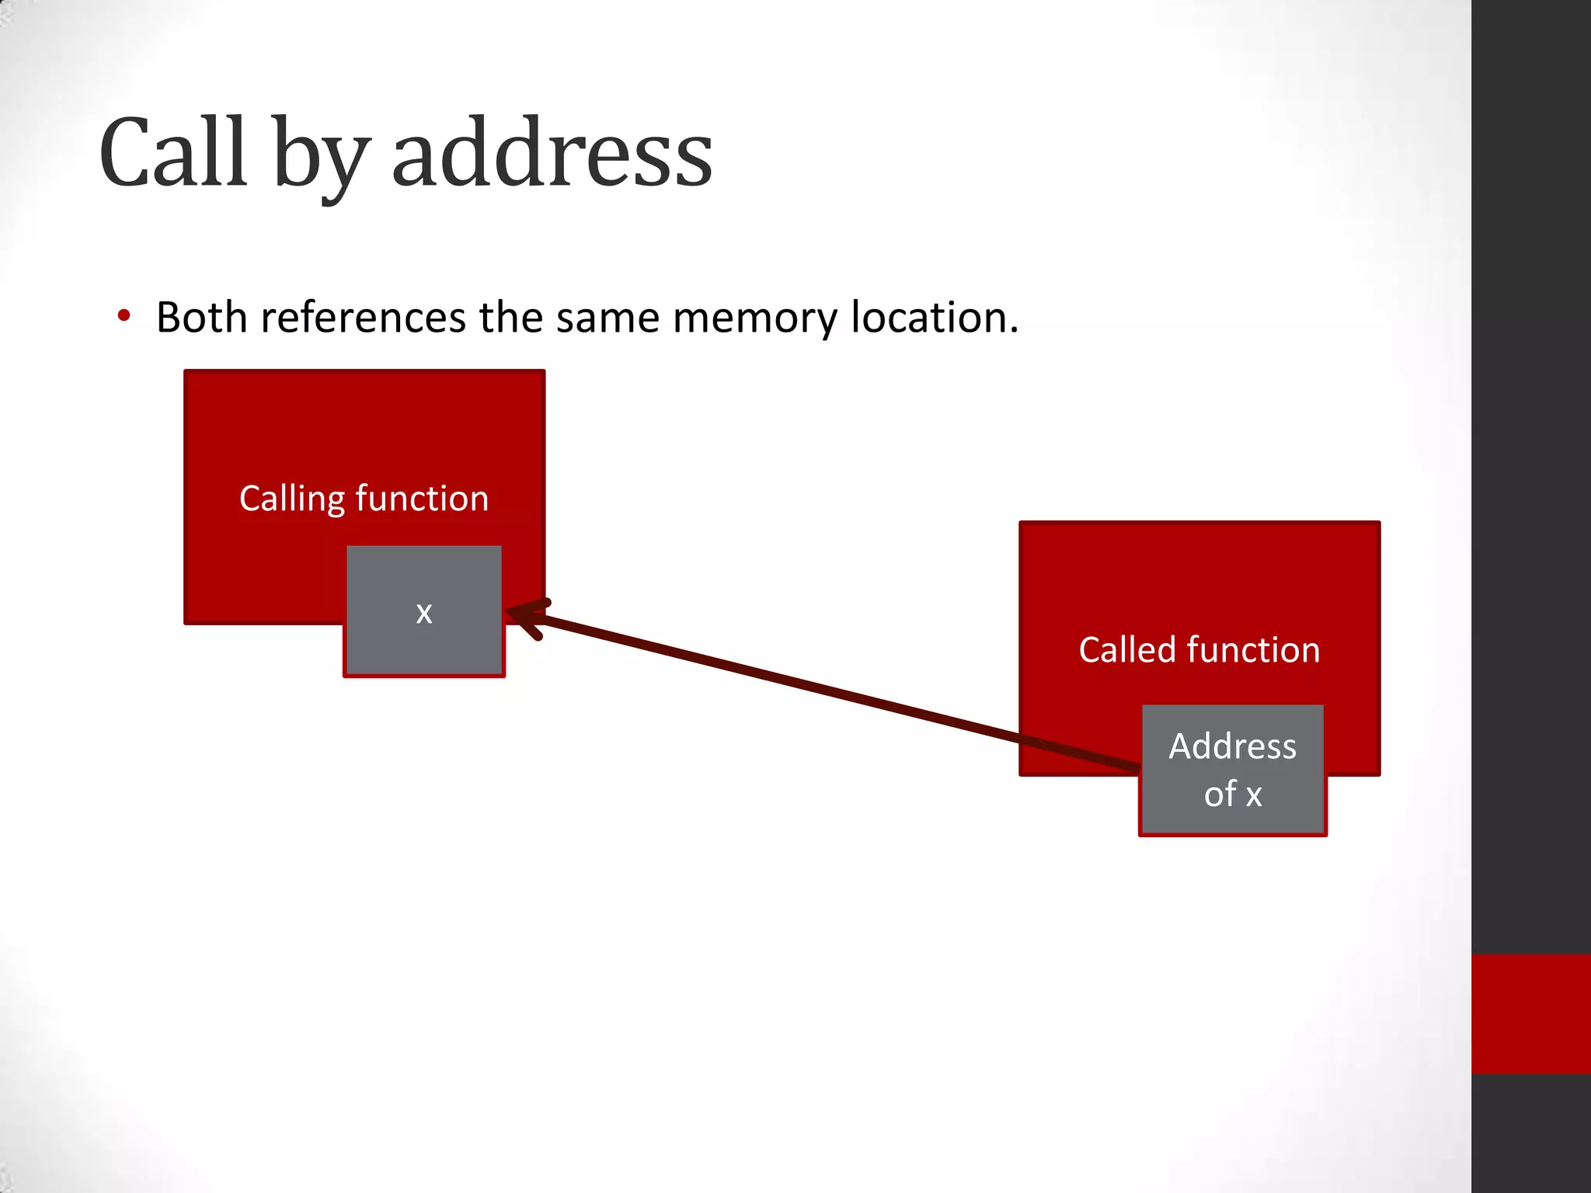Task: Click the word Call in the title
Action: tap(173, 153)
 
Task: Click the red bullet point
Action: tap(124, 316)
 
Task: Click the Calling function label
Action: tap(364, 499)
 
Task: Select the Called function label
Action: tap(1199, 650)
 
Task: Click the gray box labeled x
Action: tap(423, 610)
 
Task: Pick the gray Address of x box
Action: tap(1233, 770)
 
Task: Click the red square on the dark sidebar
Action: tap(1530, 1014)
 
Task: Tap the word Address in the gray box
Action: tap(1233, 746)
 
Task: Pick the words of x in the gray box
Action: tap(1233, 795)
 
